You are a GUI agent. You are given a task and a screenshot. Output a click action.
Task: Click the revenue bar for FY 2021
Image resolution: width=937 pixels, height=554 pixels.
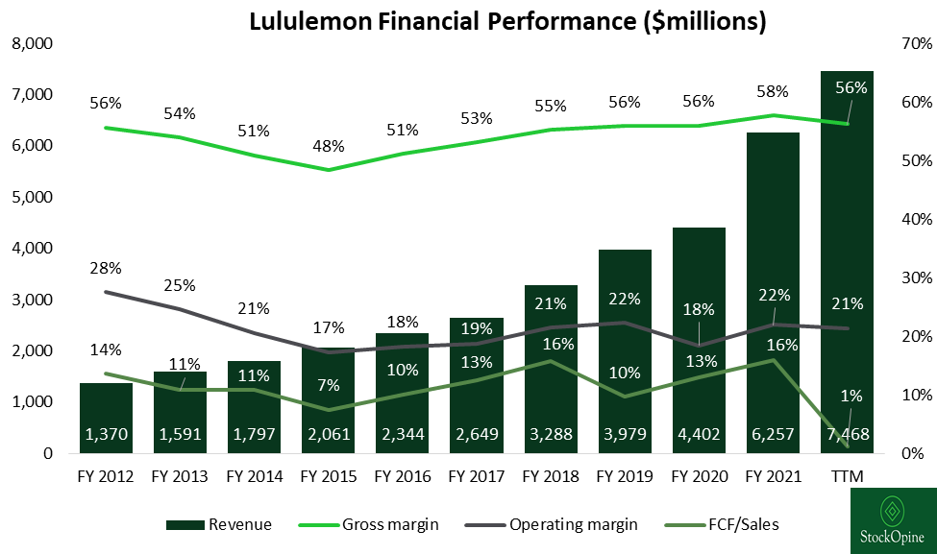(x=774, y=288)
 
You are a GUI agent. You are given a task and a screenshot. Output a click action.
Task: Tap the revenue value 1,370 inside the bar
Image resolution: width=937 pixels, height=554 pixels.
(x=106, y=435)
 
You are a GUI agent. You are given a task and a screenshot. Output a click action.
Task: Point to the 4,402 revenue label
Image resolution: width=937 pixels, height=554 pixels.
(x=699, y=435)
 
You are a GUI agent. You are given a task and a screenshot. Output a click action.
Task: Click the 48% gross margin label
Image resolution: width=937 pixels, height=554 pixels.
(x=328, y=148)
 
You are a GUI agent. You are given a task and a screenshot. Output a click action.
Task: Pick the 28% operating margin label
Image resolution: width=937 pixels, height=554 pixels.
(x=106, y=268)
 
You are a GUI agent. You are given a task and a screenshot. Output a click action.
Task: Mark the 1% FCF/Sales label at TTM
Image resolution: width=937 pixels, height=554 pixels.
(x=851, y=395)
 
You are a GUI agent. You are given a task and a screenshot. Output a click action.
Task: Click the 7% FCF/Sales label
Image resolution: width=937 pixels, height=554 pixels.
(x=329, y=386)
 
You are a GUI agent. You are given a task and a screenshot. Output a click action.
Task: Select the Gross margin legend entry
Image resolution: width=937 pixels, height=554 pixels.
(x=389, y=524)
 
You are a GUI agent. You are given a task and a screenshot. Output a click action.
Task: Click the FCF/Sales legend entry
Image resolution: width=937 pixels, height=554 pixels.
(x=738, y=524)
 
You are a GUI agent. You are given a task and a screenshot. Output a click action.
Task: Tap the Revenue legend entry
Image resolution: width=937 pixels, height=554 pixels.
(x=219, y=524)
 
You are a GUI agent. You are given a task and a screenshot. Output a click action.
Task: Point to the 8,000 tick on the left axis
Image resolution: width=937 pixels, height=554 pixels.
(x=32, y=44)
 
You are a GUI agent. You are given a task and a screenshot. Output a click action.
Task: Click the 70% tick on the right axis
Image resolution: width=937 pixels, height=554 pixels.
(x=917, y=44)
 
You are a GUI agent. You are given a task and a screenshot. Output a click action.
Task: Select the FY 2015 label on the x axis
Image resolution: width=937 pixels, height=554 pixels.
(x=328, y=474)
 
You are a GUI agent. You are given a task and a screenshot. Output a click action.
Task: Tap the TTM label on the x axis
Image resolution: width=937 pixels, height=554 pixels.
(x=847, y=474)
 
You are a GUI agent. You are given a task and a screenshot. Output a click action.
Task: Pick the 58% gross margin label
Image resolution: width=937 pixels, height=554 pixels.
(x=773, y=92)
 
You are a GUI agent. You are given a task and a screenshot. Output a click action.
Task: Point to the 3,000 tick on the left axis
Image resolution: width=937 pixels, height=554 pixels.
(x=32, y=300)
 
